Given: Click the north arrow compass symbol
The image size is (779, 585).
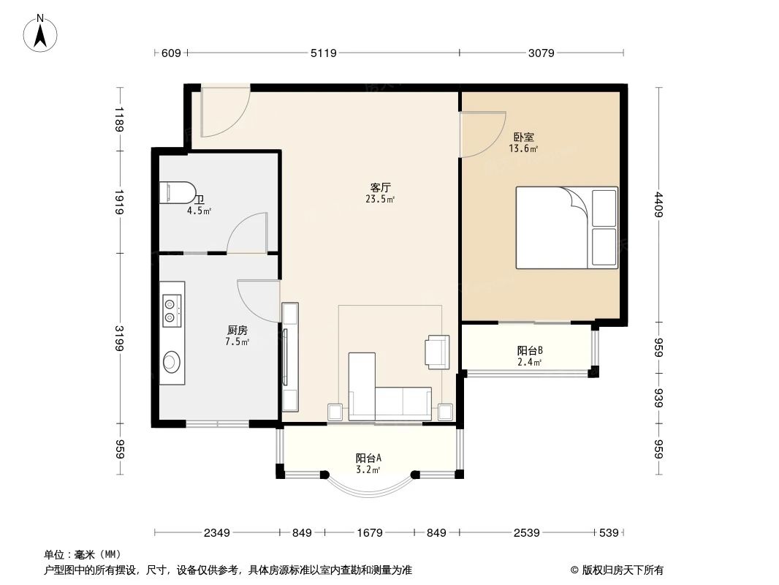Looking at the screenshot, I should click(x=42, y=32).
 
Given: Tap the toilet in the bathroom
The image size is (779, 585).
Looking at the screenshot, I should click(x=178, y=192).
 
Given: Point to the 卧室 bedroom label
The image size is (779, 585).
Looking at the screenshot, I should click(x=523, y=137).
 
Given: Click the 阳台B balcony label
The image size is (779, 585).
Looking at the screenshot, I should click(x=529, y=350).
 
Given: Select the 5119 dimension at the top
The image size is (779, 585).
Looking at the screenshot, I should click(x=323, y=53).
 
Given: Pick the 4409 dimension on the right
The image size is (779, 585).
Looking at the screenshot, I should click(x=660, y=204).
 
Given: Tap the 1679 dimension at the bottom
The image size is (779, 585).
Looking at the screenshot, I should click(x=370, y=532).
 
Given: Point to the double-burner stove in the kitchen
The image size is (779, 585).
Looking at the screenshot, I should click(x=171, y=309).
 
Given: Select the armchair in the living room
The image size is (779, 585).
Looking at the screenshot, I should click(x=438, y=350).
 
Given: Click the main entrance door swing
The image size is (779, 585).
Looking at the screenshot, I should click(x=226, y=113).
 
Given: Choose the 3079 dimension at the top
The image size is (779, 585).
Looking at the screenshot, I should click(x=541, y=53).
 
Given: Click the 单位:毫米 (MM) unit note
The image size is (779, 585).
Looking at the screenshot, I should click(x=83, y=554).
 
